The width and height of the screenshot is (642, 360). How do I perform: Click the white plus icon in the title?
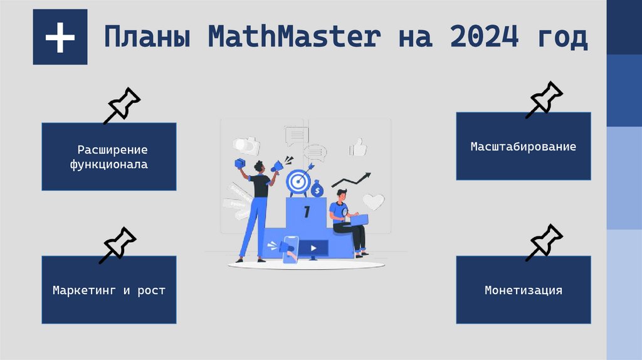pyautogui.click(x=60, y=38)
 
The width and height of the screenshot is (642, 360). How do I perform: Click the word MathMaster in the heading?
pyautogui.click(x=294, y=38)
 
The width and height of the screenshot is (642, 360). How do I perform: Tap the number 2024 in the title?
pyautogui.click(x=483, y=38)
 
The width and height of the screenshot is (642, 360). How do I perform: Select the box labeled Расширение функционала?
pyautogui.click(x=109, y=157)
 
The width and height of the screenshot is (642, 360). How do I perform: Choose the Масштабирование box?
pyautogui.click(x=523, y=146)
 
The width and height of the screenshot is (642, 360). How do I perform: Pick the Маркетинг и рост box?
pyautogui.click(x=109, y=290)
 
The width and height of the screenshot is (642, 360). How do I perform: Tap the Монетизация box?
pyautogui.click(x=523, y=290)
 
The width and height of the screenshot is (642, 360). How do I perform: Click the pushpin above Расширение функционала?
pyautogui.click(x=122, y=106)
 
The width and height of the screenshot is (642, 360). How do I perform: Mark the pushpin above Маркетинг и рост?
pyautogui.click(x=117, y=245)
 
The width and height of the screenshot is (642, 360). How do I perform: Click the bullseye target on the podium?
pyautogui.click(x=298, y=181)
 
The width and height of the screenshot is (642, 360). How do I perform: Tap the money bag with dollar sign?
pyautogui.click(x=318, y=189)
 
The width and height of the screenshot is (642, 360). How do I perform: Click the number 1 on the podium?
pyautogui.click(x=307, y=212)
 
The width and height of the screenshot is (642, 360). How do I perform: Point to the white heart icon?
pyautogui.click(x=374, y=201)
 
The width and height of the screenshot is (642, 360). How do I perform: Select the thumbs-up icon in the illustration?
pyautogui.click(x=358, y=147)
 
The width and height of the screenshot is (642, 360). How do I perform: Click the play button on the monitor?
pyautogui.click(x=312, y=248)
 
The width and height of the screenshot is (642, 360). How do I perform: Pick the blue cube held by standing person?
pyautogui.click(x=239, y=163)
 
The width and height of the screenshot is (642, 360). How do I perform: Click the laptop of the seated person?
pyautogui.click(x=359, y=218)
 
